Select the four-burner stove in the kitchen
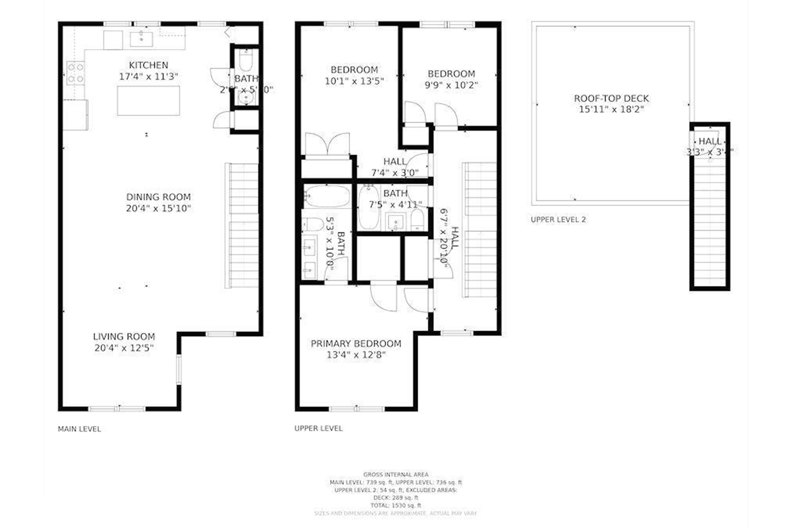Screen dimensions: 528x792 (x=75, y=73)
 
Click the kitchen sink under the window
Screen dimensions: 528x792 (x=141, y=39)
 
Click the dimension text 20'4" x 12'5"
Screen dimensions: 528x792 (x=124, y=348)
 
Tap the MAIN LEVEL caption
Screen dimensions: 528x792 (x=79, y=429)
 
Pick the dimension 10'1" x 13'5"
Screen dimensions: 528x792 (x=354, y=81)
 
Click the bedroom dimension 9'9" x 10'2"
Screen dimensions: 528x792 (x=451, y=85)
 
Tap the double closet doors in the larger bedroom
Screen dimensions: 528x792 (x=327, y=145)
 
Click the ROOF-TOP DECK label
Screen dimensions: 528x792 (x=611, y=98)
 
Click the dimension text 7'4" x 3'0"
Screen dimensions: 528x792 (x=395, y=173)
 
